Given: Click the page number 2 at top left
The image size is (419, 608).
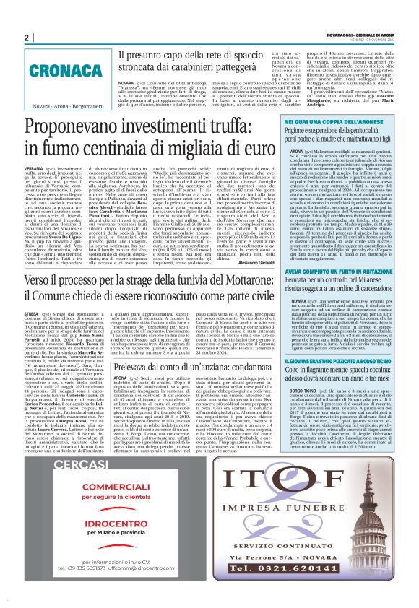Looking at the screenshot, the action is pyautogui.click(x=27, y=38).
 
